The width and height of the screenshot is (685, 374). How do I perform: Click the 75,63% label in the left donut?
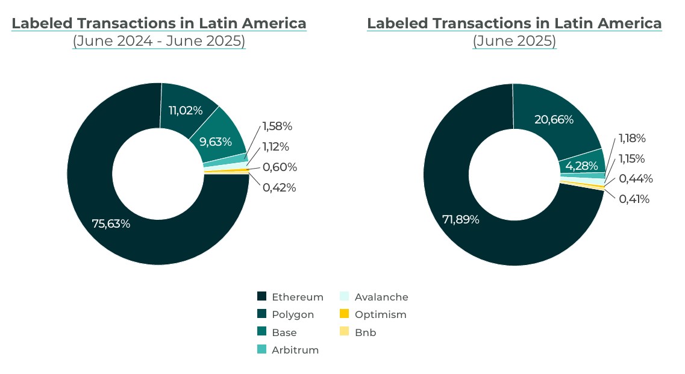coord(111,223)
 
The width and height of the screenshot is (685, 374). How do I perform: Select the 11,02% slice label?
coord(186,110)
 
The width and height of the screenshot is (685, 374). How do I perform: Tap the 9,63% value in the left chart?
coord(215,142)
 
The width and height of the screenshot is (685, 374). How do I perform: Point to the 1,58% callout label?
coord(277,126)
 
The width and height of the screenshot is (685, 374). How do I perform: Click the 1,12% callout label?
coord(275,147)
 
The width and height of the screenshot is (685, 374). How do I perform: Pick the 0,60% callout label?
coord(280,167)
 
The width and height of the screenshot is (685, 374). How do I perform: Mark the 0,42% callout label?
coord(279,187)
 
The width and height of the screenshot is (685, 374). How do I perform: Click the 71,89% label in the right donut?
coord(461,219)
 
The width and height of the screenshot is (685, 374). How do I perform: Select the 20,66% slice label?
coord(554,119)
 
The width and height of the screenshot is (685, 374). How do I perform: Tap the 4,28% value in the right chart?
coord(581,166)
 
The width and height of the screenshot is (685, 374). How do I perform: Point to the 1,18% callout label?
coord(632,139)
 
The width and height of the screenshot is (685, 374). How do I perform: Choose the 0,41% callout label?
coord(634,199)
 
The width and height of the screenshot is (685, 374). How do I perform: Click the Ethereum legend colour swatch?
coord(261,296)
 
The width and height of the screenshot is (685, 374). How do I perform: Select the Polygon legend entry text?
coord(293,314)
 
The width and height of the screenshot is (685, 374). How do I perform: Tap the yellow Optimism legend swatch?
coord(345,314)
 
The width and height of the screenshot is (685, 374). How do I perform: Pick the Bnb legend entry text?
coord(366,332)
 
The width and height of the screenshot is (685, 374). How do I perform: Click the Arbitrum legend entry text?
coord(295,350)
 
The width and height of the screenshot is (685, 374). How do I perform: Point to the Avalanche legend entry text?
coord(381,297)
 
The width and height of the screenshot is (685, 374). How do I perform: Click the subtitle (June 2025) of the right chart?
coord(514,41)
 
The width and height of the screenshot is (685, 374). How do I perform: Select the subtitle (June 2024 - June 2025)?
coord(159,41)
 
